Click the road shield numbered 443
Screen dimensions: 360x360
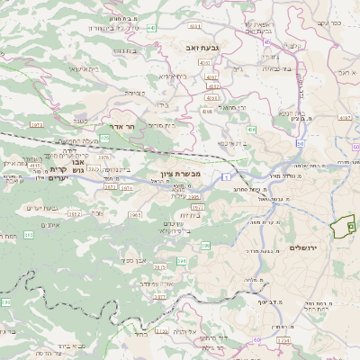(x=151, y=28)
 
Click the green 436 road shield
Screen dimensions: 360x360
(x=251, y=130)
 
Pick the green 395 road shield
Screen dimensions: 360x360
(x=29, y=234)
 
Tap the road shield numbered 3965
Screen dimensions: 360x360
(x=134, y=215)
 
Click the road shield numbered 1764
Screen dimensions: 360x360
(x=284, y=342)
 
